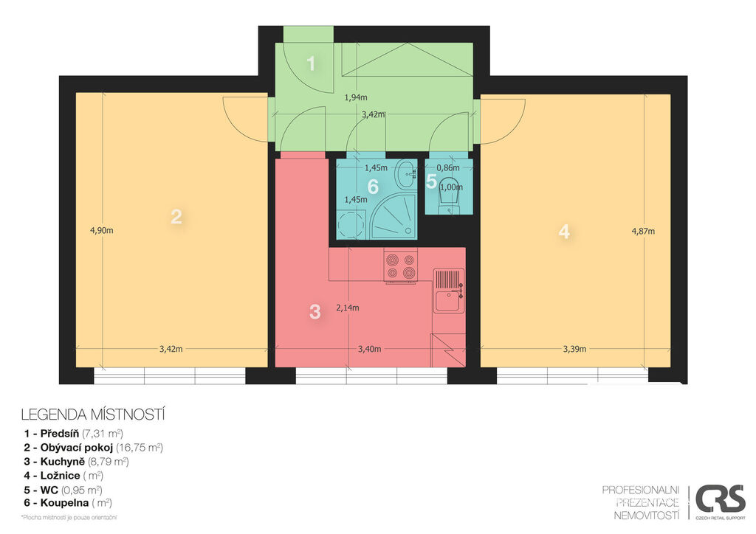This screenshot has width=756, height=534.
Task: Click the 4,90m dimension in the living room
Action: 102,230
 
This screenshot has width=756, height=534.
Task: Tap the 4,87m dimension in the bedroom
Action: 643,231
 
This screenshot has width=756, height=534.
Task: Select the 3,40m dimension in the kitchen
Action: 370,349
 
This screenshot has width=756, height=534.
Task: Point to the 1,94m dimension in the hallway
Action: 356,97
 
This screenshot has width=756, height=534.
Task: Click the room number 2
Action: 176,217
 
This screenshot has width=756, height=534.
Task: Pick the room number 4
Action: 564,232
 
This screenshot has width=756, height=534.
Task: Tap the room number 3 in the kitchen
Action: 315,312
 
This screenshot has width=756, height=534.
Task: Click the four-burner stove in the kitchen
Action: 401,266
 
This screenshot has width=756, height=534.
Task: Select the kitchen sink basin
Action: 448,302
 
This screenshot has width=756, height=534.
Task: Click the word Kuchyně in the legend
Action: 62,461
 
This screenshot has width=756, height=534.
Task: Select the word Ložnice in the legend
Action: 61,475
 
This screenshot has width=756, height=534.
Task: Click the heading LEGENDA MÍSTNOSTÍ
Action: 93,415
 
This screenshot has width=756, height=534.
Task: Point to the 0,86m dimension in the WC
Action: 448,168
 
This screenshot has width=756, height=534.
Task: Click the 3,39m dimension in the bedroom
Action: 574,349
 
